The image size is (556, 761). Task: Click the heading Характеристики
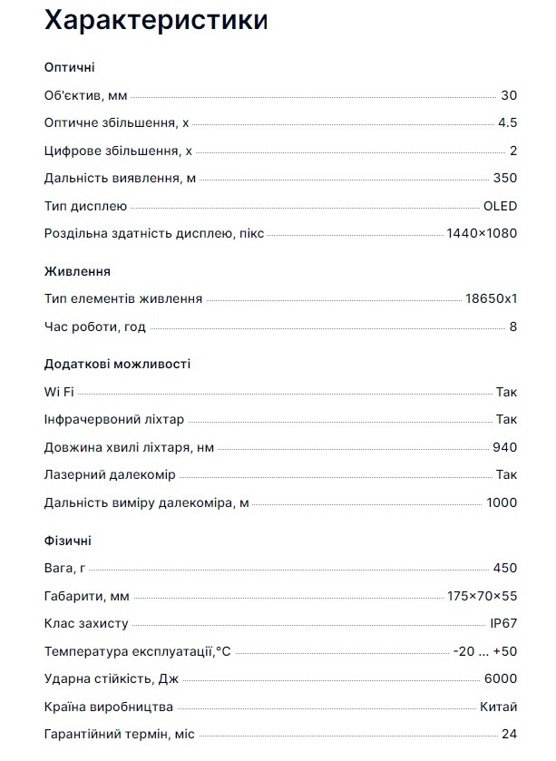pos(156,20)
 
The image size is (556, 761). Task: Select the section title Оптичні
pos(69,67)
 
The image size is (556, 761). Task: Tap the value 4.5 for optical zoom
pos(507,123)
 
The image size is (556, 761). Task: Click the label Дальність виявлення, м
pos(120,179)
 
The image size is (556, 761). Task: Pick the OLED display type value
pos(500,206)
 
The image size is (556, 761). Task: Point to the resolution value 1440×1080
pos(482,234)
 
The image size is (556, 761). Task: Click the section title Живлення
pos(77,271)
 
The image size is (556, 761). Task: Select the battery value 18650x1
pos(491,298)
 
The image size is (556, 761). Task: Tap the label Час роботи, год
pos(94,327)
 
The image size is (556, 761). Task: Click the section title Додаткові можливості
pos(117,364)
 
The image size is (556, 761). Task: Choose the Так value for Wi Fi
pos(506,392)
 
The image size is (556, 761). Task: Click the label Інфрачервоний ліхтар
pos(113,419)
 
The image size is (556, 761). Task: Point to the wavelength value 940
pos(505,447)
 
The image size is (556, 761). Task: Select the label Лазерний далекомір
pos(110,475)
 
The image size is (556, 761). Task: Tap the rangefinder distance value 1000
pos(502,502)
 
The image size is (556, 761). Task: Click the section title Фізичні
pos(67,541)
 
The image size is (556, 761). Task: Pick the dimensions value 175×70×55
pos(482,596)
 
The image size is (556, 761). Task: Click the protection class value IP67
pos(502,624)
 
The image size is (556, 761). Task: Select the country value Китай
pos(499,707)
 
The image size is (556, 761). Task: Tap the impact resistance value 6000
pos(502,679)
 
